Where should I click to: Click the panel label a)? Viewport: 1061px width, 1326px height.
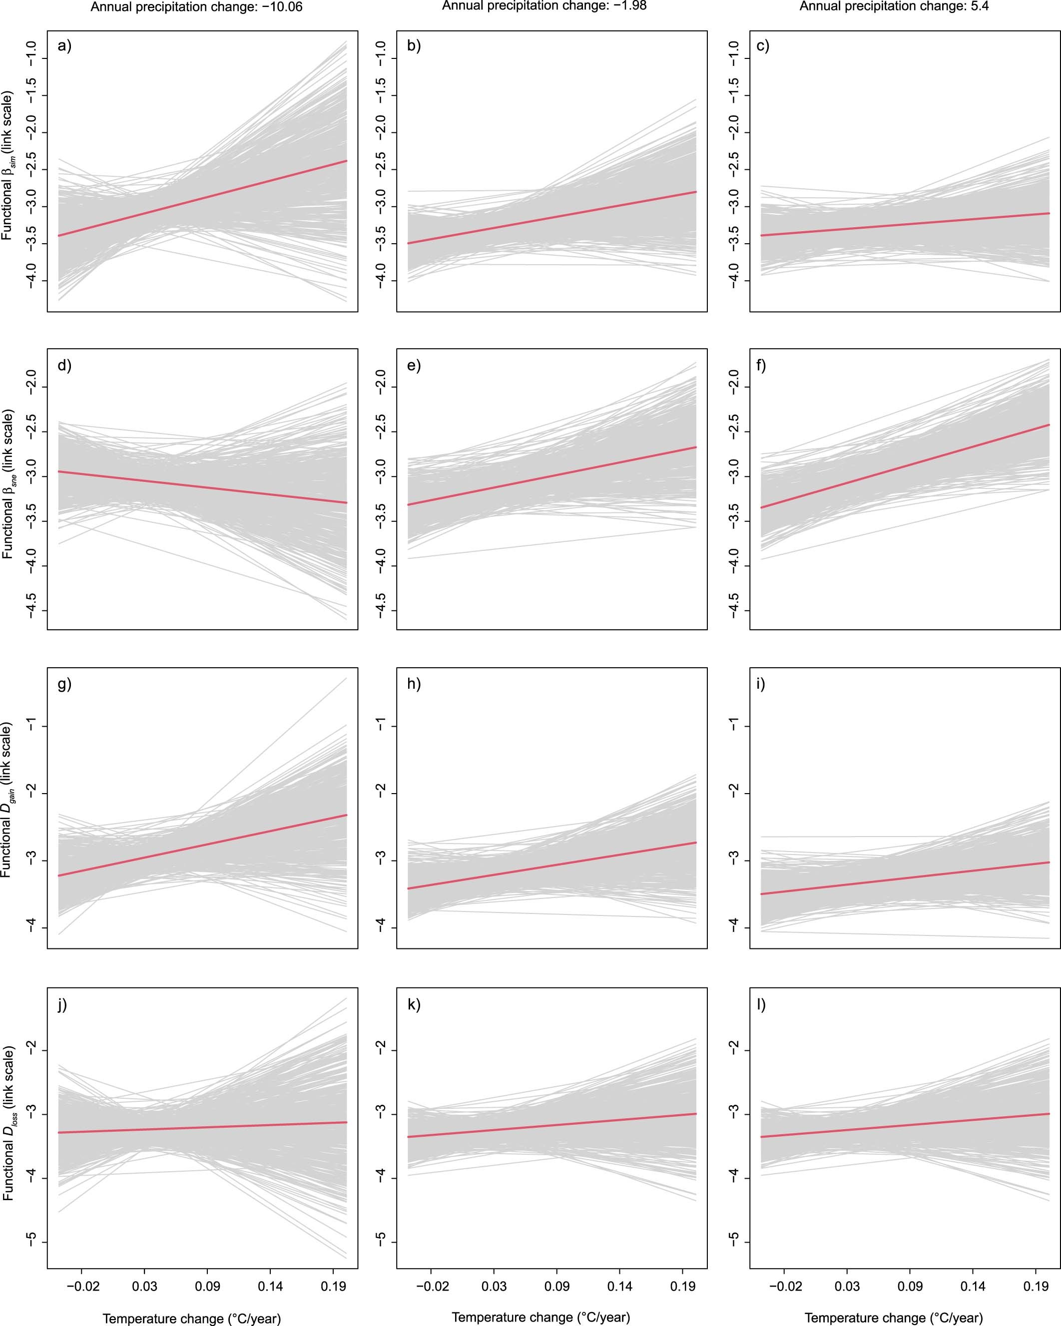click(x=64, y=46)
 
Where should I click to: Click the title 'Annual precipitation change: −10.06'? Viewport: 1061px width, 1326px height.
click(x=197, y=7)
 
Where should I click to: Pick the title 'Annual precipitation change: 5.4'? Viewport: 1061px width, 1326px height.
click(x=894, y=6)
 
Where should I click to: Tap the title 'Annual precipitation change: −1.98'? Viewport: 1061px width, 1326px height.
click(x=544, y=6)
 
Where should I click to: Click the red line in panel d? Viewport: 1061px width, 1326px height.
click(x=203, y=487)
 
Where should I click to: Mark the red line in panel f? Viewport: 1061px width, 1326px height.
click(x=904, y=466)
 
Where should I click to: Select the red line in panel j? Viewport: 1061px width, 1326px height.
click(x=203, y=1127)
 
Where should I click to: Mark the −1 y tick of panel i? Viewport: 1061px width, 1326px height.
click(x=733, y=726)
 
